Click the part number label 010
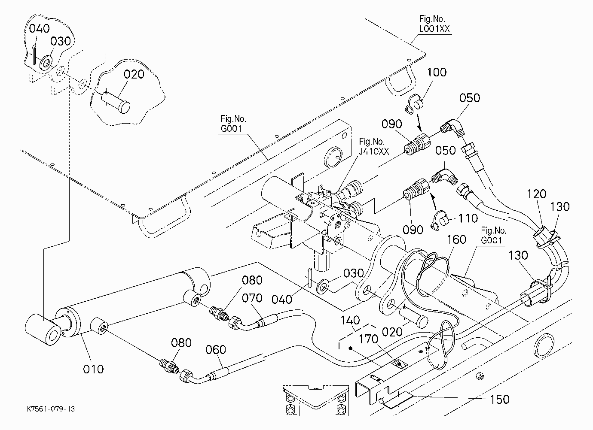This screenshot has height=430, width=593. click(93, 369)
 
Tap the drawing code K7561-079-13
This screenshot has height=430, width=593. click(51, 409)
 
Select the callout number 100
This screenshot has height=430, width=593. click(437, 72)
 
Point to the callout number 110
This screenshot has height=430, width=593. click(468, 218)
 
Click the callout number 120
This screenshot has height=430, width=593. click(537, 194)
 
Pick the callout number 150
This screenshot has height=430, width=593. click(500, 400)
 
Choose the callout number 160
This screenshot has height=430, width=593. click(456, 239)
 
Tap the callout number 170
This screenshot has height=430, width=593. click(369, 339)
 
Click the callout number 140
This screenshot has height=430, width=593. click(350, 320)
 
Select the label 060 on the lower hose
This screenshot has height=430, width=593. click(216, 350)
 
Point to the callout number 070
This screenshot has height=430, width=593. click(252, 298)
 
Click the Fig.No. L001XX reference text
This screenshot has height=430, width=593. click(434, 24)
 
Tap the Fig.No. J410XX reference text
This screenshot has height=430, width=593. click(374, 146)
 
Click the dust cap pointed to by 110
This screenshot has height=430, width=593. click(440, 221)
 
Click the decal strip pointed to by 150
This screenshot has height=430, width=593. click(398, 400)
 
